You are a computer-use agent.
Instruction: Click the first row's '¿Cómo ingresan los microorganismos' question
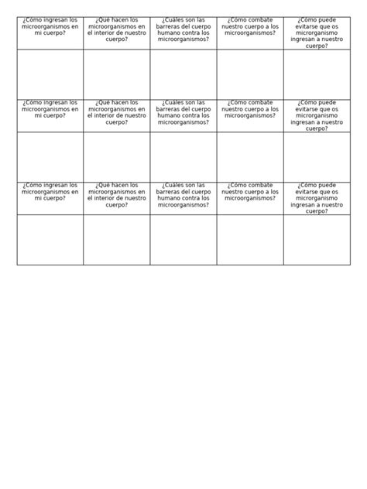[50, 29]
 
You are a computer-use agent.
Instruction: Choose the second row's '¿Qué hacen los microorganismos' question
[116, 115]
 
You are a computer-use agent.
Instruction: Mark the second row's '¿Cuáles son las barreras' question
[183, 115]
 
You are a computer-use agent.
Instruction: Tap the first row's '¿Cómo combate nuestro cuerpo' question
[250, 29]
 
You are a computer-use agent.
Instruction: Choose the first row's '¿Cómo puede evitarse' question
[317, 32]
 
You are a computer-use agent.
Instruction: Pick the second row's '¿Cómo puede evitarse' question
[317, 115]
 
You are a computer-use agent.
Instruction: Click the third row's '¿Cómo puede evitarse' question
[317, 198]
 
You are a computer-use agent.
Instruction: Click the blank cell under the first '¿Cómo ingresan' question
[50, 74]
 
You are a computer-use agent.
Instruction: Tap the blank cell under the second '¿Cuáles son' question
[183, 157]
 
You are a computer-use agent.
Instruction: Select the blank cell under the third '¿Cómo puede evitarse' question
[317, 240]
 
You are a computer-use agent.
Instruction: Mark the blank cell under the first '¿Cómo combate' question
[250, 74]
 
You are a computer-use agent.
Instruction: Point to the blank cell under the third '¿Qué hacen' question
[116, 240]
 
